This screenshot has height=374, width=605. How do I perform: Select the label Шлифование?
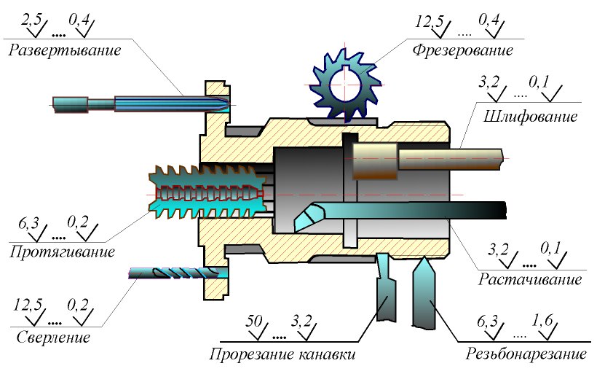[526, 116]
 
